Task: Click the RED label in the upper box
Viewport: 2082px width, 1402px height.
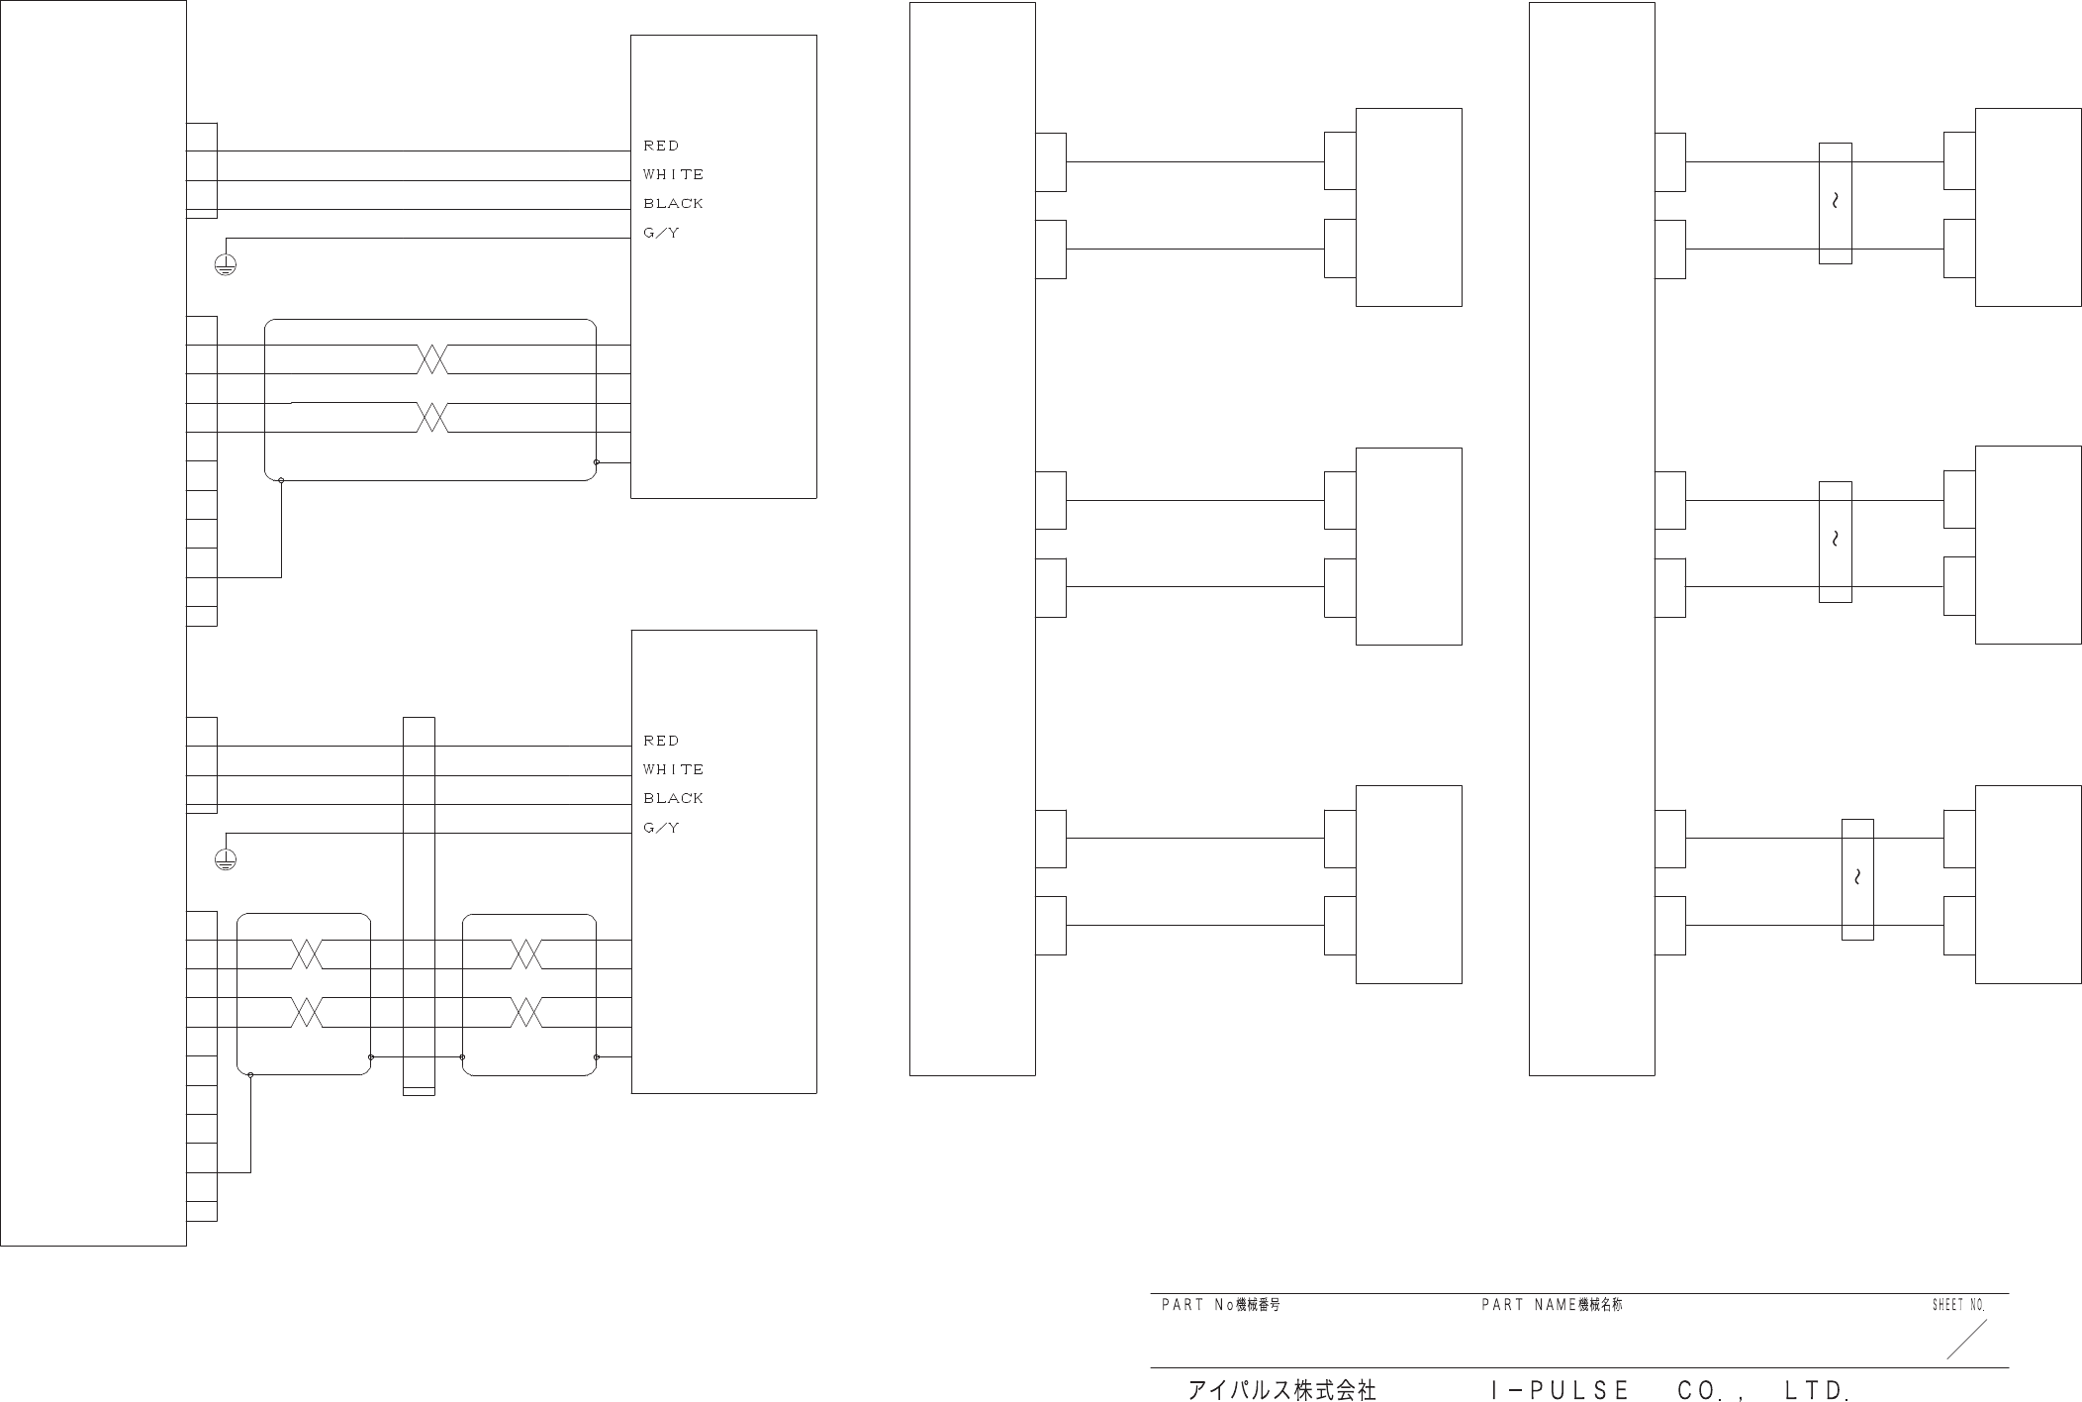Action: coord(661,146)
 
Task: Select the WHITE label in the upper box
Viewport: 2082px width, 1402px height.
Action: coord(673,174)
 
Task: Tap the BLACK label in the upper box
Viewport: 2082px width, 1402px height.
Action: coord(673,203)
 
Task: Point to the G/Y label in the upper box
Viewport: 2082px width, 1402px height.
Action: coord(661,233)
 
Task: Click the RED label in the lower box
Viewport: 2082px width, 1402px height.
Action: coord(661,741)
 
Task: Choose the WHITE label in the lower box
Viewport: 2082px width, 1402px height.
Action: coord(673,769)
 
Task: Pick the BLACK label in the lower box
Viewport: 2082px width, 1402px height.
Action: coord(673,798)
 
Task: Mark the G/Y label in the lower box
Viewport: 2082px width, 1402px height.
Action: coord(661,828)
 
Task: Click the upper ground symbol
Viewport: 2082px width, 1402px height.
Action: coord(226,264)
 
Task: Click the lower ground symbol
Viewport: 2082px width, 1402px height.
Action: coord(226,859)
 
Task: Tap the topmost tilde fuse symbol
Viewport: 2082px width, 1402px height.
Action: coord(1835,203)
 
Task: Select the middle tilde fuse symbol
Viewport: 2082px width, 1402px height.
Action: coord(1835,541)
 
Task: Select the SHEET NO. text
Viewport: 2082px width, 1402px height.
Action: coord(1958,1306)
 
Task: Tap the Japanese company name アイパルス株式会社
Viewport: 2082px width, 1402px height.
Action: coord(1281,1390)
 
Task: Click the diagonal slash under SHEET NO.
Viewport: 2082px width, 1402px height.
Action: coord(1966,1340)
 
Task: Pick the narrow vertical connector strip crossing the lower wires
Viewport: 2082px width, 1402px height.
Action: coord(419,906)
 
